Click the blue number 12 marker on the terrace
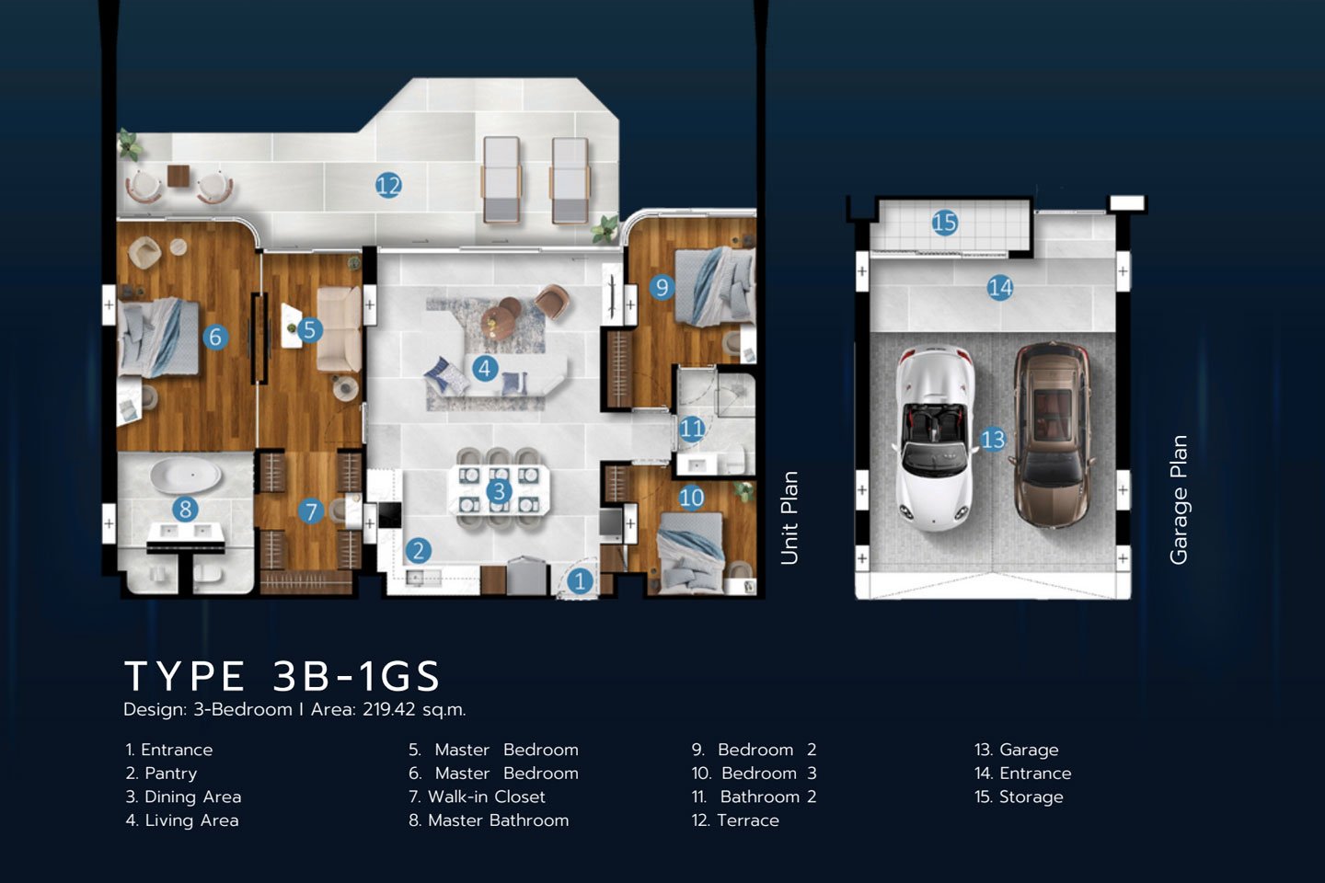click(x=388, y=185)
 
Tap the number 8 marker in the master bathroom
click(x=185, y=509)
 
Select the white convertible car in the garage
click(x=935, y=438)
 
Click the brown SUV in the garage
click(x=1052, y=434)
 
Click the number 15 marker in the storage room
click(x=945, y=223)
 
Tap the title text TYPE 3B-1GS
click(x=282, y=676)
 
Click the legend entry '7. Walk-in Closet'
click(x=477, y=797)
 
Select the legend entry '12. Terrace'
click(x=735, y=820)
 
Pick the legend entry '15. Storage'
click(x=1019, y=797)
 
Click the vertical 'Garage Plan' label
click(x=1179, y=499)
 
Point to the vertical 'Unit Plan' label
click(x=789, y=518)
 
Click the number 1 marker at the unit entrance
click(x=580, y=580)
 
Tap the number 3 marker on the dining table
click(x=499, y=491)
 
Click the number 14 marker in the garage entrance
click(x=1000, y=288)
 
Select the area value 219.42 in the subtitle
click(x=389, y=709)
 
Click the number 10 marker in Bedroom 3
click(x=691, y=498)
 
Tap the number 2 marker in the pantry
click(x=418, y=551)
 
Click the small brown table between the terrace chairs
click(x=179, y=176)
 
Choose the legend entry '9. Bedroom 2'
click(x=754, y=750)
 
